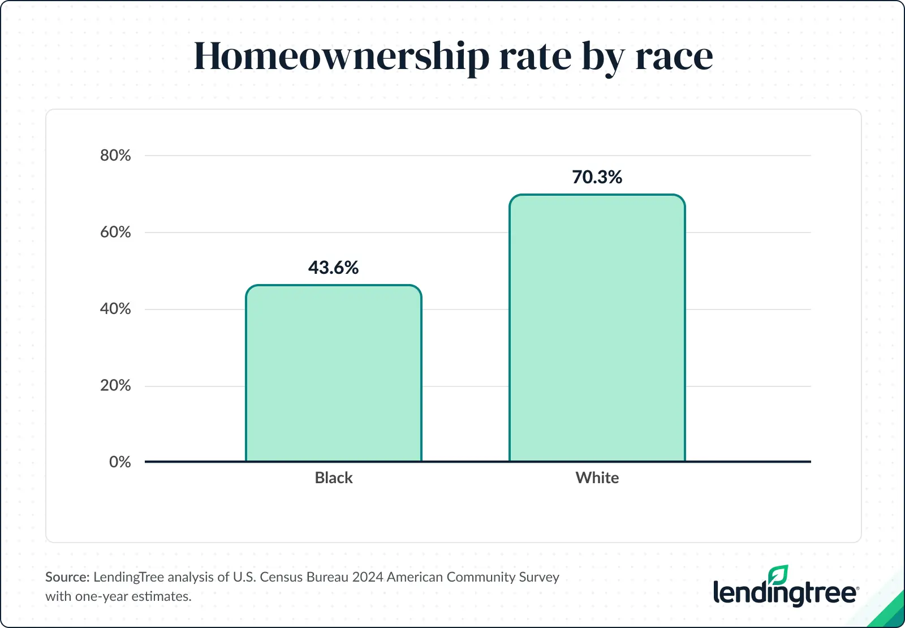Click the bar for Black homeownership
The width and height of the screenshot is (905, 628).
pos(334,373)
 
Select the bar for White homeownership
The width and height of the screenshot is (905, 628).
pos(597,328)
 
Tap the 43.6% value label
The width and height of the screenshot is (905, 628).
pos(334,268)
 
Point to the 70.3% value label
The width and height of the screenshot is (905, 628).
pos(597,177)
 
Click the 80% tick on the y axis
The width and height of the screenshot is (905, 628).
pos(115,156)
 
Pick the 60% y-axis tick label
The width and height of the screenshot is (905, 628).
pos(115,232)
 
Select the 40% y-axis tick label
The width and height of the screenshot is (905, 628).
pos(115,309)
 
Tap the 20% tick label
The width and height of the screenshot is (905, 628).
pos(115,386)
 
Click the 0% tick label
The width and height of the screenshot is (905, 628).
pos(120,462)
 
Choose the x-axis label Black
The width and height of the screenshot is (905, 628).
pos(334,478)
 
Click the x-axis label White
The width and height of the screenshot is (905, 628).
pos(597,478)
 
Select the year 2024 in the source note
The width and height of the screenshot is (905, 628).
pos(367,577)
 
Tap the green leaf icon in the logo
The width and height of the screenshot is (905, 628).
pos(779,574)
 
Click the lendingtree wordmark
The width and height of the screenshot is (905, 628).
pos(785,593)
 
